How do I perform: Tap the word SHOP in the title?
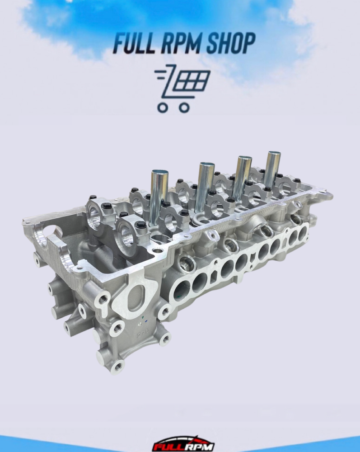click(231, 43)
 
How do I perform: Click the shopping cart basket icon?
click(182, 88)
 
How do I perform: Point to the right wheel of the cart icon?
click(184, 108)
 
